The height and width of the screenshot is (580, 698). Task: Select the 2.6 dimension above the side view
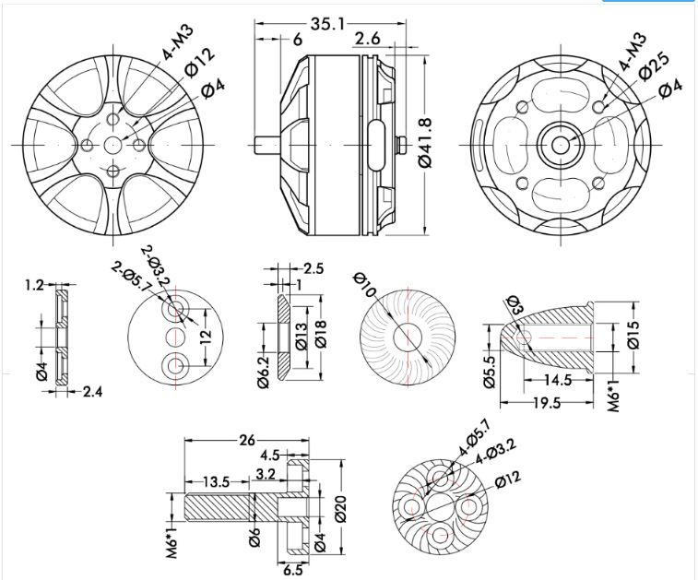pos(367,39)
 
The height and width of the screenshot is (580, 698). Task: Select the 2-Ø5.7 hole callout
pos(130,276)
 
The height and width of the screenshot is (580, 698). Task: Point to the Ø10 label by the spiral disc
pos(366,288)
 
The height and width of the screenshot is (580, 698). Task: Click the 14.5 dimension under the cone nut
pos(555,379)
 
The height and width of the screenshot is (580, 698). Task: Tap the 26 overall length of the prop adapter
pos(246,441)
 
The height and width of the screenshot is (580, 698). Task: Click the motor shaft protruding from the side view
pos(266,144)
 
